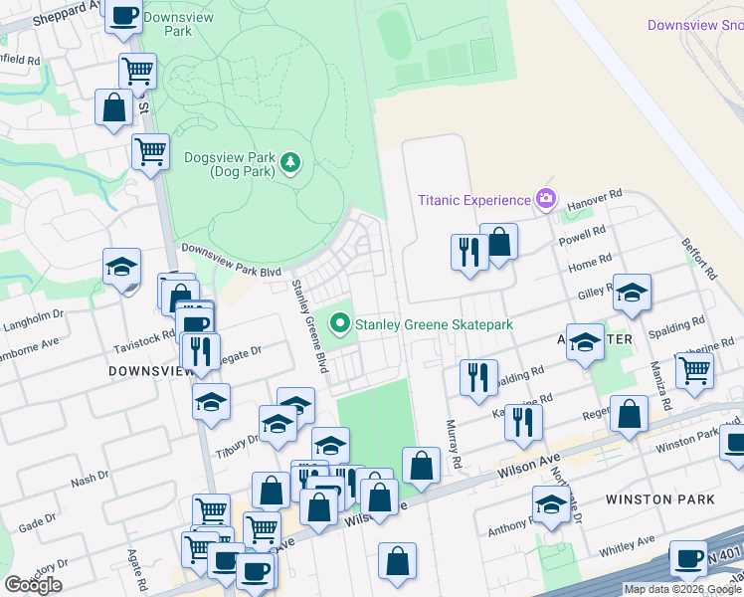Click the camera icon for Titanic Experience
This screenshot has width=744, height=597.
pyautogui.click(x=544, y=200)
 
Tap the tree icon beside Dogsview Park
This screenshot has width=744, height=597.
pyautogui.click(x=289, y=162)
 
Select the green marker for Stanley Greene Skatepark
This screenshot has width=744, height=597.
pyautogui.click(x=340, y=322)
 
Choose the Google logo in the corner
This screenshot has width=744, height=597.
pyautogui.click(x=33, y=584)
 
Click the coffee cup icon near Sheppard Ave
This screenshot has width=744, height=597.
pyautogui.click(x=123, y=16)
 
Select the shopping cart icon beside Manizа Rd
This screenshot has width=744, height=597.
pyautogui.click(x=694, y=370)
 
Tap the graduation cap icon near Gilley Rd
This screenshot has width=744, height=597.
pyautogui.click(x=631, y=293)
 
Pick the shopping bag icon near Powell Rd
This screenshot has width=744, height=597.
pyautogui.click(x=498, y=242)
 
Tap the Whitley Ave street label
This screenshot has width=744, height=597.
pyautogui.click(x=626, y=545)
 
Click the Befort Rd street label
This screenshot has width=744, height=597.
pyautogui.click(x=698, y=258)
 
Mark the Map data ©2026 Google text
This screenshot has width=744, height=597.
pyautogui.click(x=682, y=589)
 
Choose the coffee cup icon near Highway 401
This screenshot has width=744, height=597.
pyautogui.click(x=688, y=559)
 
